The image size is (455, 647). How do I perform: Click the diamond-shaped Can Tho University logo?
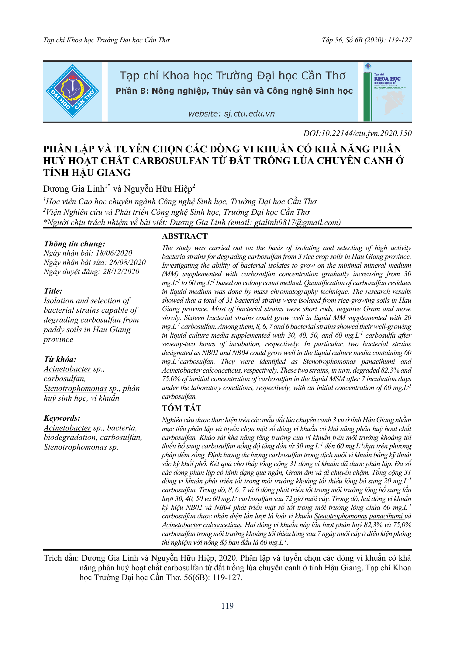pos(72,91)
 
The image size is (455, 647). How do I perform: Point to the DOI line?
pos(357,133)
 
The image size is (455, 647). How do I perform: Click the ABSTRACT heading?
pos(185,236)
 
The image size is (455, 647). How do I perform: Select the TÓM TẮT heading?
pos(181,408)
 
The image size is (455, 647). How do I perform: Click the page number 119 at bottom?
pos(227,606)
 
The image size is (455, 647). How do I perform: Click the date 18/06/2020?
pos(114,253)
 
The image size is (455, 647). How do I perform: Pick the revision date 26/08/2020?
pos(127,262)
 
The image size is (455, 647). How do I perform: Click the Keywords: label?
pos(62,418)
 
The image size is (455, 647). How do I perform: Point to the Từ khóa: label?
pos(60,359)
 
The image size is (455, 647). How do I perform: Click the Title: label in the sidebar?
pos(53,291)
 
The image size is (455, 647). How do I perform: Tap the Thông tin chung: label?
pos(75,244)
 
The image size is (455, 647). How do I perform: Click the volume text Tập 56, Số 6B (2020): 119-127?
pos(367,40)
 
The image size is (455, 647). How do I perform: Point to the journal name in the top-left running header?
pos(106,40)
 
